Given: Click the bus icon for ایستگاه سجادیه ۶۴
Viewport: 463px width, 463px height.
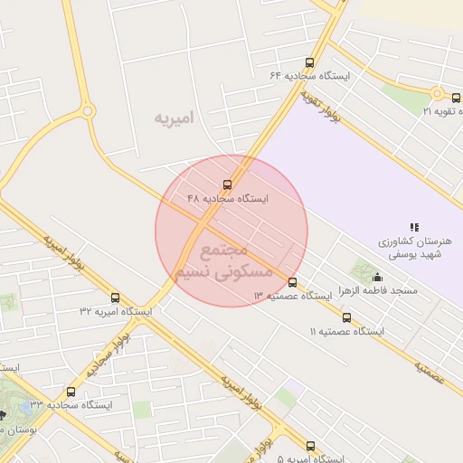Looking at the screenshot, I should click(x=310, y=63).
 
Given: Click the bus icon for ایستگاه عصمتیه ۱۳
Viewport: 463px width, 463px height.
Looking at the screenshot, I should click(x=291, y=282).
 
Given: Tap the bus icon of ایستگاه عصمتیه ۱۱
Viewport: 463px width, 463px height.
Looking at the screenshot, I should click(x=346, y=317).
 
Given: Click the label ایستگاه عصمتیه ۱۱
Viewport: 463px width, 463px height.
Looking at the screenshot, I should click(x=347, y=332).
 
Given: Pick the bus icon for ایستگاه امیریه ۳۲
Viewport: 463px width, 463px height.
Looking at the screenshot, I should click(x=115, y=297).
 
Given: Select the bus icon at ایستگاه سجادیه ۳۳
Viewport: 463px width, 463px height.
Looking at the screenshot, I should click(x=71, y=392).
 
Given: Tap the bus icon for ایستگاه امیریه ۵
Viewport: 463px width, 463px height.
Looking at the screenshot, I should click(x=311, y=446).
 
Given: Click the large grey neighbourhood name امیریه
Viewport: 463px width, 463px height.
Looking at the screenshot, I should click(x=175, y=118).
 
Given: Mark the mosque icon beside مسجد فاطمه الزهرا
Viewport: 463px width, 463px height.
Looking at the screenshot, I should click(x=377, y=277).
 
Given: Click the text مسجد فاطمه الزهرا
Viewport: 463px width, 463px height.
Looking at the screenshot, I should click(x=377, y=290).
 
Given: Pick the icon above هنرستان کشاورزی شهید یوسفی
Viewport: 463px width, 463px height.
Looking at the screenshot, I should click(x=414, y=227).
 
